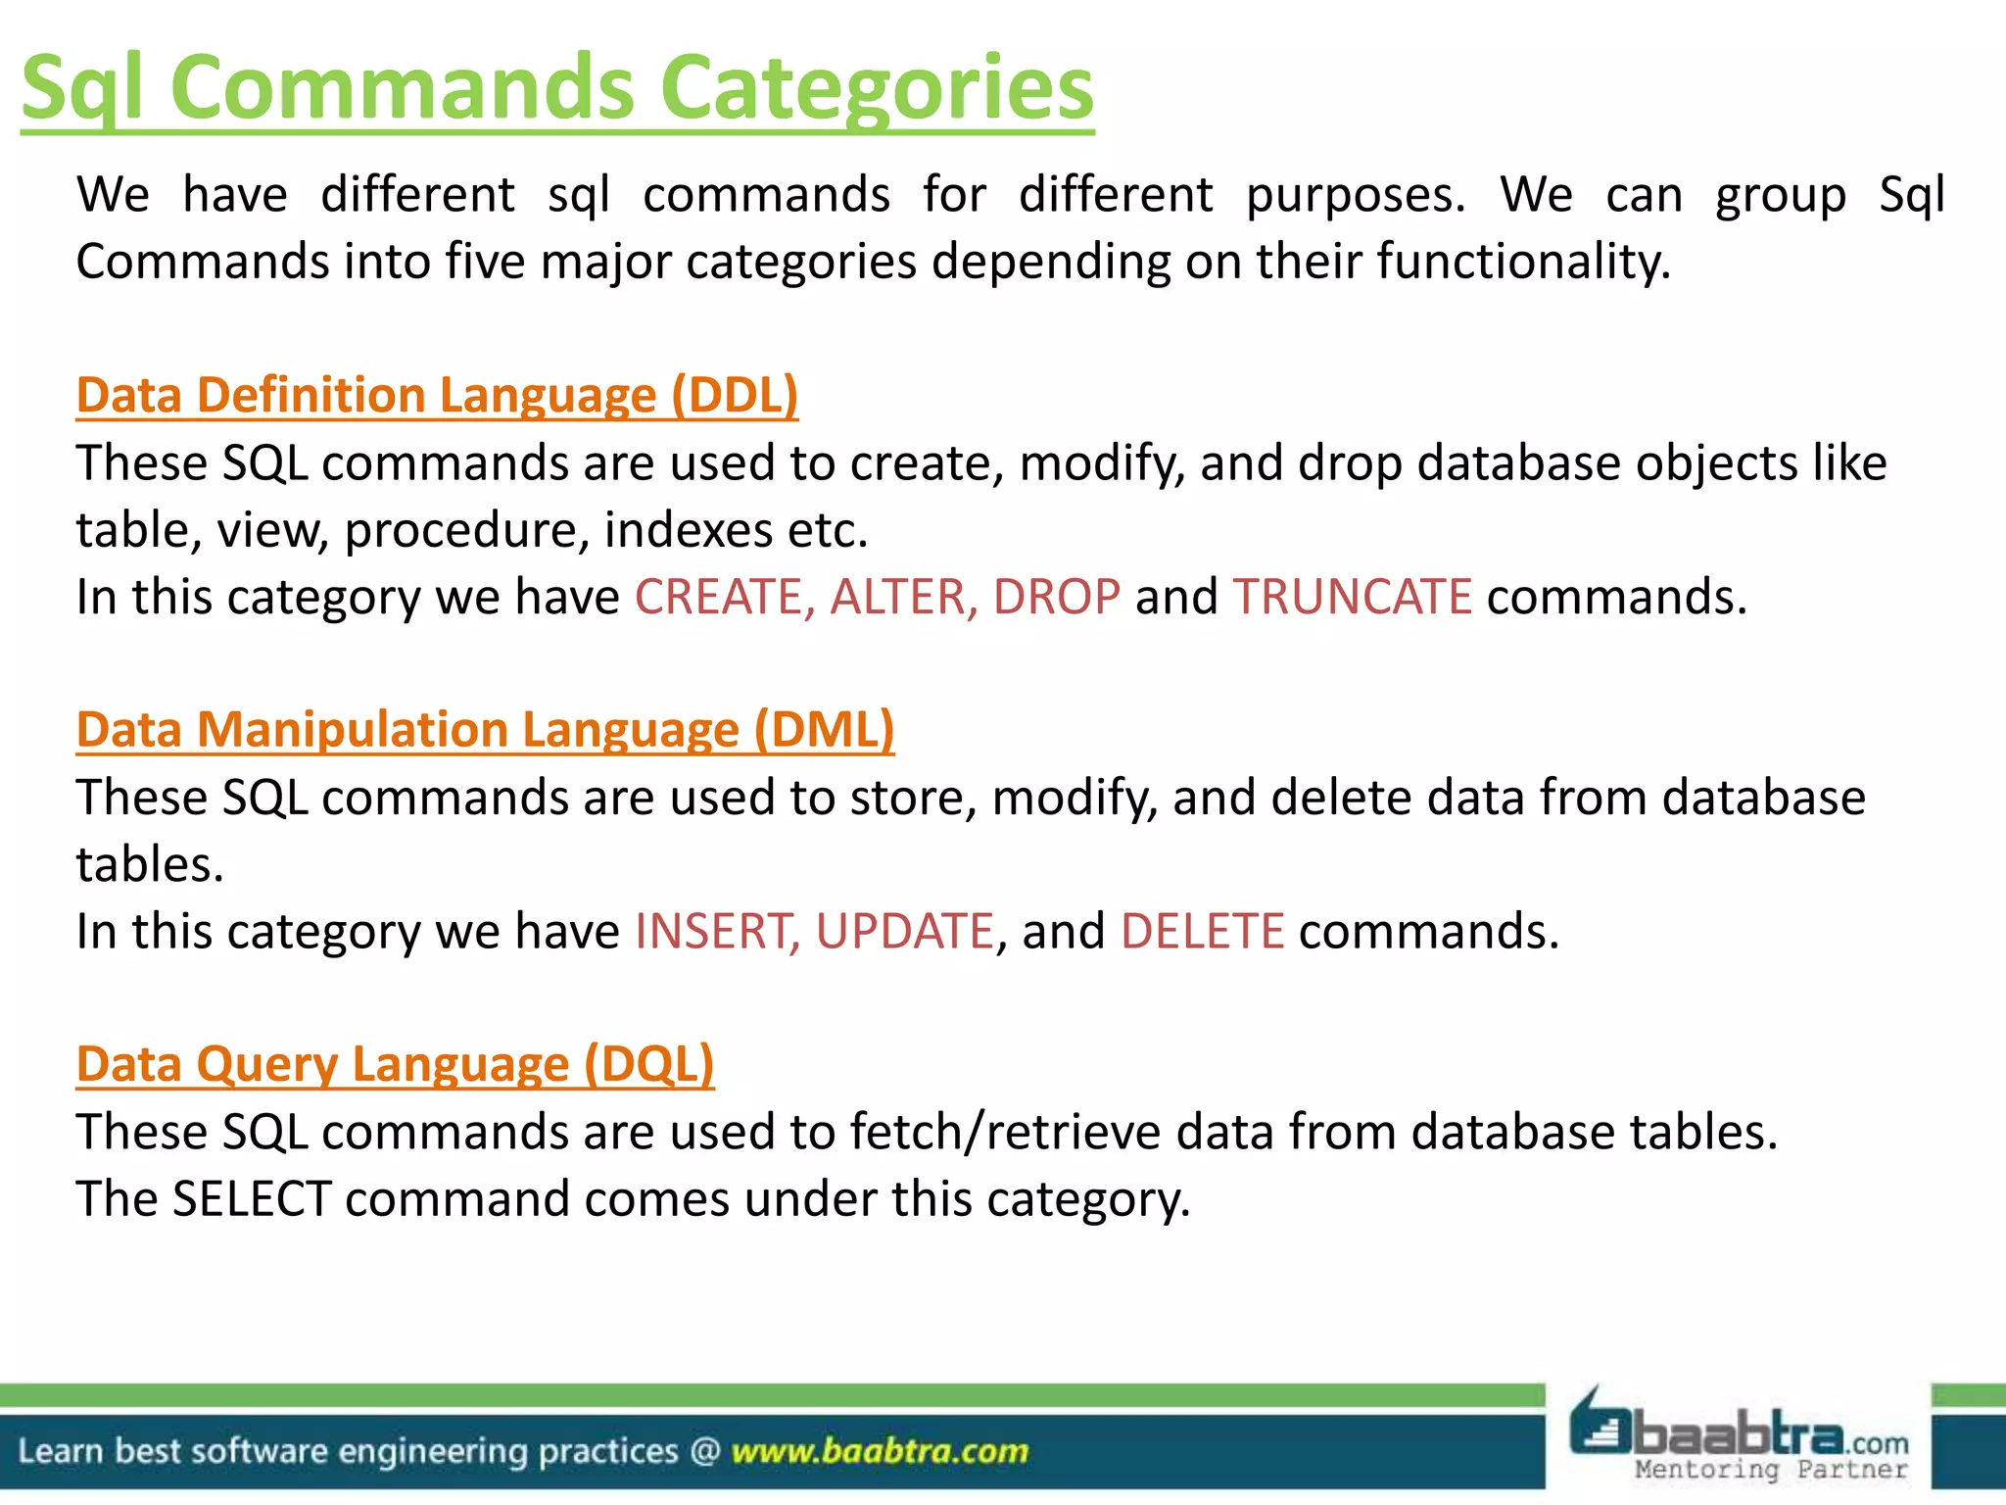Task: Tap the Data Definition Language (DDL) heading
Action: (437, 395)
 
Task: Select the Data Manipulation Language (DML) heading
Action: (485, 730)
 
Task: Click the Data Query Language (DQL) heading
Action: (395, 1064)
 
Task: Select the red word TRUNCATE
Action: (1352, 597)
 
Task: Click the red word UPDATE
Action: (904, 931)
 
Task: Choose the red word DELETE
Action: (1202, 931)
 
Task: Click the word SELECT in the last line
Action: (252, 1198)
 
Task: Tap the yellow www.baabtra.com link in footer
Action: (880, 1451)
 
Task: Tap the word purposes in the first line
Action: (1355, 195)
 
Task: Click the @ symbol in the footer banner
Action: (705, 1451)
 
